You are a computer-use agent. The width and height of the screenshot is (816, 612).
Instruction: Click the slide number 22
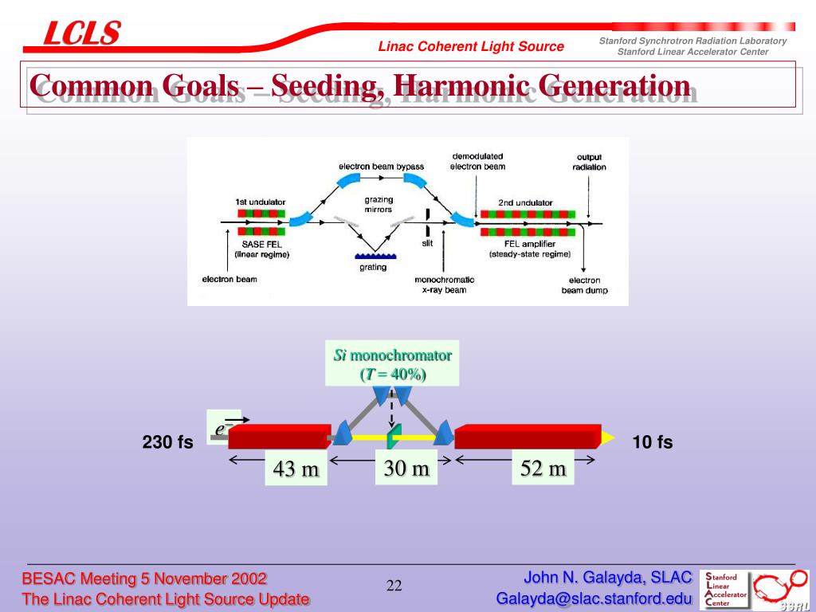tap(394, 586)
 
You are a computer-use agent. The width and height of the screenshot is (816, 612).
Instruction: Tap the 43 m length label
tap(296, 469)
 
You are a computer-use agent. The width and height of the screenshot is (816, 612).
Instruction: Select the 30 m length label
tap(406, 469)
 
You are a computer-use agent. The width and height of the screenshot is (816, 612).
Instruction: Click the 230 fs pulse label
tap(168, 442)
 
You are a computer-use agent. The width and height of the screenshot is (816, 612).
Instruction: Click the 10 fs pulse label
tap(653, 442)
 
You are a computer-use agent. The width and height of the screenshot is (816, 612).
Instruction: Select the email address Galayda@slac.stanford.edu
tap(594, 598)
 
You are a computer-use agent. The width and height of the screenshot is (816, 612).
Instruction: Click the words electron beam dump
tap(584, 285)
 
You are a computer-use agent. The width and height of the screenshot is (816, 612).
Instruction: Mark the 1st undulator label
tap(261, 202)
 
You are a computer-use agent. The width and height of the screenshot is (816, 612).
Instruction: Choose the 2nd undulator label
tap(525, 202)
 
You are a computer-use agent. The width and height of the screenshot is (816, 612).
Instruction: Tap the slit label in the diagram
tap(427, 244)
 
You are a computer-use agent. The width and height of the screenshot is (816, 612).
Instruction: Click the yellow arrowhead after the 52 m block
tap(608, 437)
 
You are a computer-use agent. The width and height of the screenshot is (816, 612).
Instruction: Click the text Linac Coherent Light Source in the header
tap(471, 46)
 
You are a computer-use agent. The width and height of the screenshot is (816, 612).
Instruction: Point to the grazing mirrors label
tap(378, 206)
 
